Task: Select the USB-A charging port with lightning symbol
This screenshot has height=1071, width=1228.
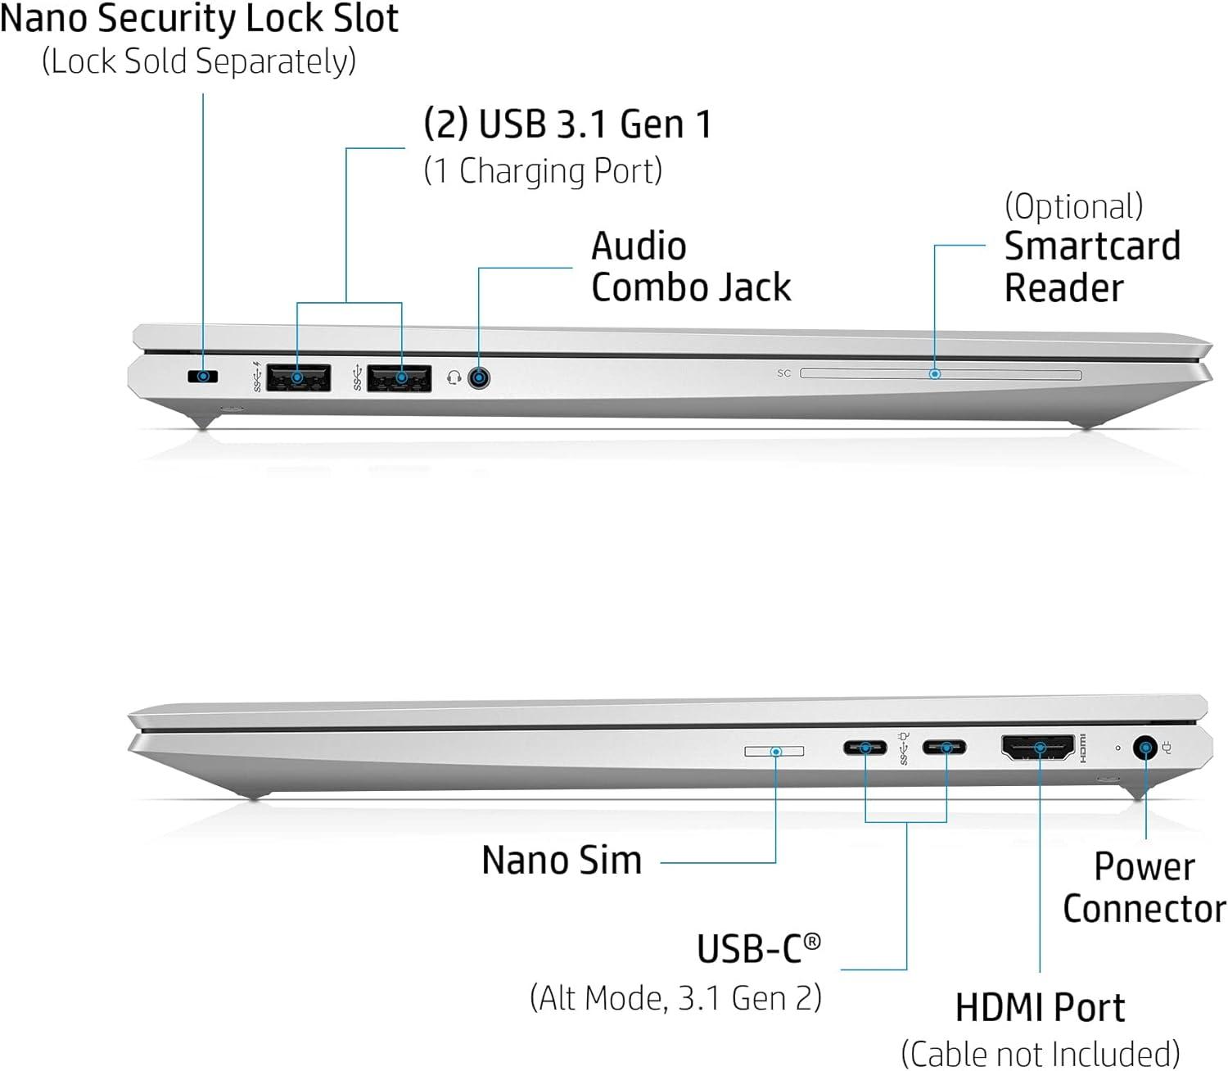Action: pos(298,377)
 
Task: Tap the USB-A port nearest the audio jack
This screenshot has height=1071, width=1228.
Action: pos(400,377)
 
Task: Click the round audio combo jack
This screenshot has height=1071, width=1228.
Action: pos(479,377)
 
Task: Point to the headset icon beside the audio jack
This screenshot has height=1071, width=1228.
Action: pos(454,377)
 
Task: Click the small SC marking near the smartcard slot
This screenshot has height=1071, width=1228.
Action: pos(783,373)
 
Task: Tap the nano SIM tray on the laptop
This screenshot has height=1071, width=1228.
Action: pos(774,751)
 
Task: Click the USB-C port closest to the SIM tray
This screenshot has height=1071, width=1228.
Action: pos(865,747)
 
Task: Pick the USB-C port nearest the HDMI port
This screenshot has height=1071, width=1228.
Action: pos(944,747)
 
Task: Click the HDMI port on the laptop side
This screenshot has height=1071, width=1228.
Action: pos(1037,747)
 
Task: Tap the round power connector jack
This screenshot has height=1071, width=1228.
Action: pos(1144,747)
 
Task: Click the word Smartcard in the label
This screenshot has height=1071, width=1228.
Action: pos(1092,246)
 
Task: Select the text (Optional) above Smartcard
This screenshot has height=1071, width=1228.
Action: pos(1073,206)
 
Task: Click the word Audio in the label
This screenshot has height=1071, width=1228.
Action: pos(639,246)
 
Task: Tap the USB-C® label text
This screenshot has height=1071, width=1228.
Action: pos(757,949)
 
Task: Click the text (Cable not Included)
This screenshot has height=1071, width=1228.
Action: pos(1040,1053)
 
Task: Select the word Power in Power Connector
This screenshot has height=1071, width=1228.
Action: pos(1144,867)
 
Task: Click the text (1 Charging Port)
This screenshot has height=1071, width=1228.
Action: pos(543,171)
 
